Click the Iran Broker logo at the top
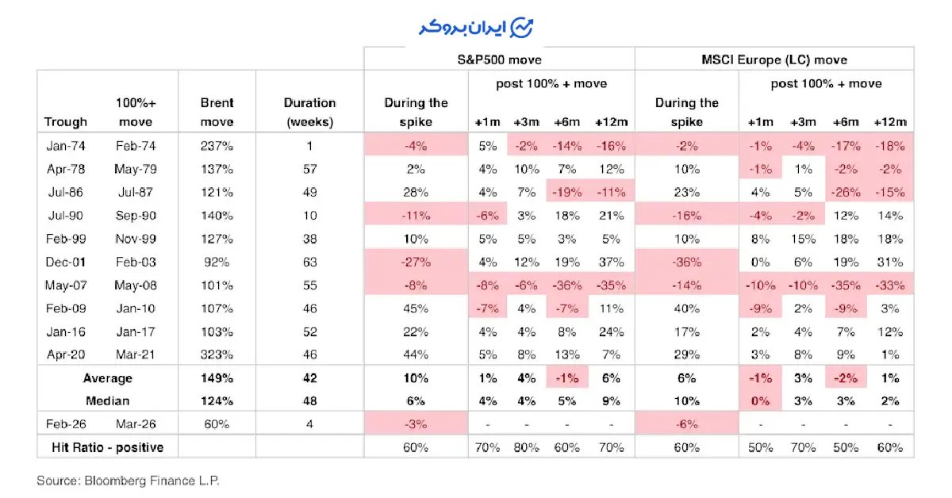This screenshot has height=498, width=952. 476,27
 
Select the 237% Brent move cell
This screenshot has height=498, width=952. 217,146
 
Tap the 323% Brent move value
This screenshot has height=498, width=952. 217,355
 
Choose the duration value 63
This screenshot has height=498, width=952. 309,262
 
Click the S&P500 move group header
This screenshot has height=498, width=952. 499,59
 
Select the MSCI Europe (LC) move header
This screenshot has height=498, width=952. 773,59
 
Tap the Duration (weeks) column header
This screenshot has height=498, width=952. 309,112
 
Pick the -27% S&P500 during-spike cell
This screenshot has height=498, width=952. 416,262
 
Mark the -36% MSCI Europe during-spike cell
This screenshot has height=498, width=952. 687,262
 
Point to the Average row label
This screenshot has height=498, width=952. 109,378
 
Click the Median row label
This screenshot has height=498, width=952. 109,400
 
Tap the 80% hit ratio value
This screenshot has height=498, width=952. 526,447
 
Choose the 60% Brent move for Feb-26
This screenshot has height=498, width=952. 217,424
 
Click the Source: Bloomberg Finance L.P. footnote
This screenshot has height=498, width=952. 127,481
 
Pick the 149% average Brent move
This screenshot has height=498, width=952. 217,378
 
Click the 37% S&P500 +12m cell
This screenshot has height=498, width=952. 610,262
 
